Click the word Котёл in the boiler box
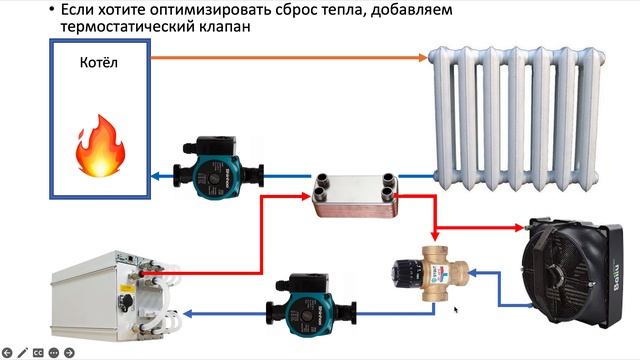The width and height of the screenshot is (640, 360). pos(99,65)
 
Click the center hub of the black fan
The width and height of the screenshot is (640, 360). pos(563,268)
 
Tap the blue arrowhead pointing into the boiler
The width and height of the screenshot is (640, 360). pos(157,177)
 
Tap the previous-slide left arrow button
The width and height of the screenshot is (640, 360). pos(7,352)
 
